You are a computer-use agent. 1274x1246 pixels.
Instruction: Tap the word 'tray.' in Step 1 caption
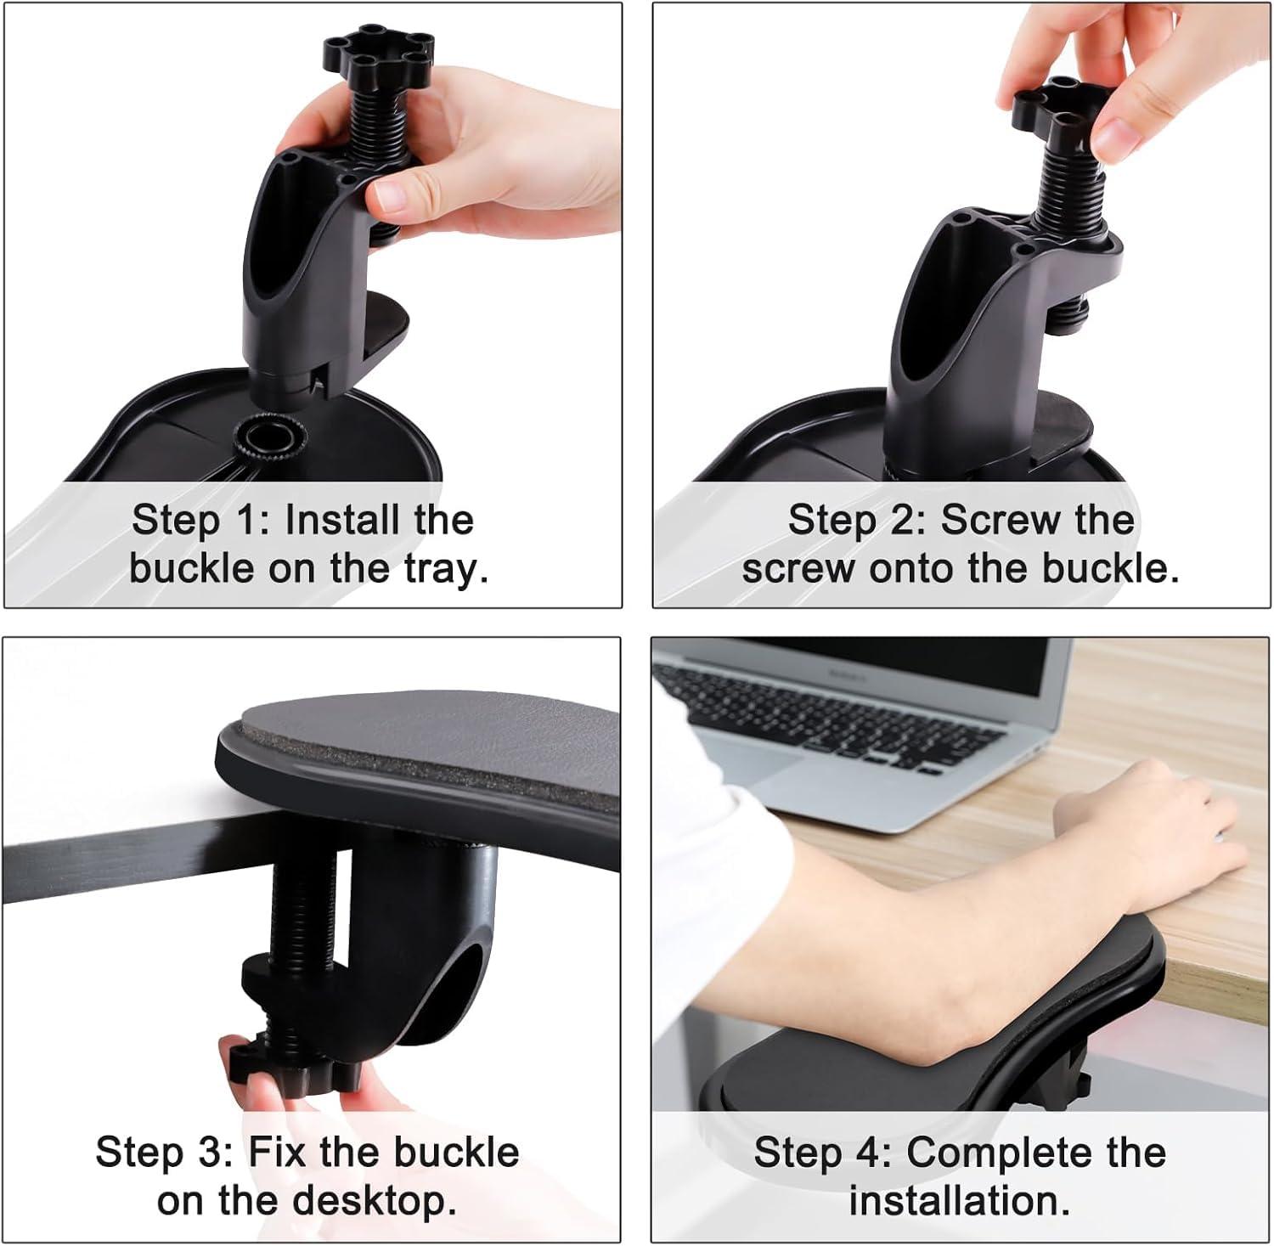447,568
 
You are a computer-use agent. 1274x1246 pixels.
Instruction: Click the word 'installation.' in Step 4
960,1201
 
